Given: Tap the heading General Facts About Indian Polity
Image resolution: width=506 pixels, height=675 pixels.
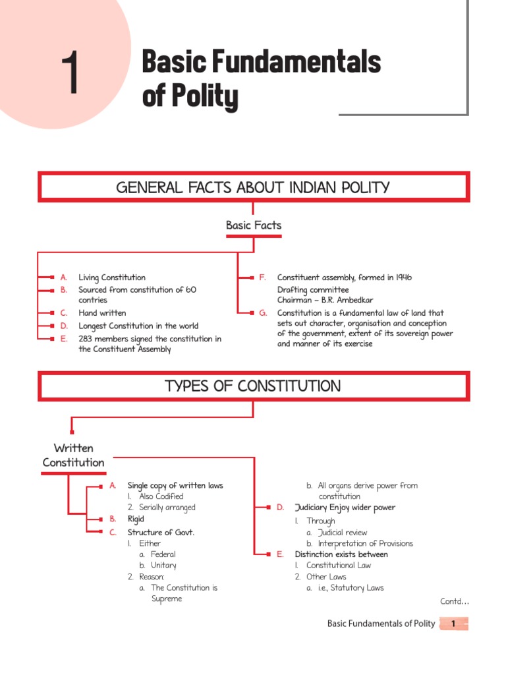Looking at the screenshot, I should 253,188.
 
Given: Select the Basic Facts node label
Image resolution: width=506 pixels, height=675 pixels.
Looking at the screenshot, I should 254,225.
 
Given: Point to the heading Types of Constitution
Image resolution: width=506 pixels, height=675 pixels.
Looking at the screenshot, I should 253,386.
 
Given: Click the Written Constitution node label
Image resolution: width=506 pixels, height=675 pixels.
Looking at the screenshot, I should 73,455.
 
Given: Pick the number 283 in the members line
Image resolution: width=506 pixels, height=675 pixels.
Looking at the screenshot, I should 87,339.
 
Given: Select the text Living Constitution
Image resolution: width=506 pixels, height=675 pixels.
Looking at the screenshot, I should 112,278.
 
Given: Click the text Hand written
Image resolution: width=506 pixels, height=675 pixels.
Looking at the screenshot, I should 102,313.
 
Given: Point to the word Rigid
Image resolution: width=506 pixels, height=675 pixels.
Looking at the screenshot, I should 136,519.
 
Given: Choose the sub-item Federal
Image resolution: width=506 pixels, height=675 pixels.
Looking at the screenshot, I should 163,554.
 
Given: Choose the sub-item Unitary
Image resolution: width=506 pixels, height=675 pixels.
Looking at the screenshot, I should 163,566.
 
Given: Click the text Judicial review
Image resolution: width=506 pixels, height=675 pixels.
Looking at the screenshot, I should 342,533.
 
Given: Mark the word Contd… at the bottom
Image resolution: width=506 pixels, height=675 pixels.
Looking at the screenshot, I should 455,601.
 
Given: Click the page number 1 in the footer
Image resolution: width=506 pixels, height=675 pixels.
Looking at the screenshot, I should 454,624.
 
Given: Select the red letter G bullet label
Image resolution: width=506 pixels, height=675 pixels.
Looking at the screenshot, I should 263,313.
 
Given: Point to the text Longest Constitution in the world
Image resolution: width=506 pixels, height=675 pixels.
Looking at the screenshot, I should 138,326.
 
